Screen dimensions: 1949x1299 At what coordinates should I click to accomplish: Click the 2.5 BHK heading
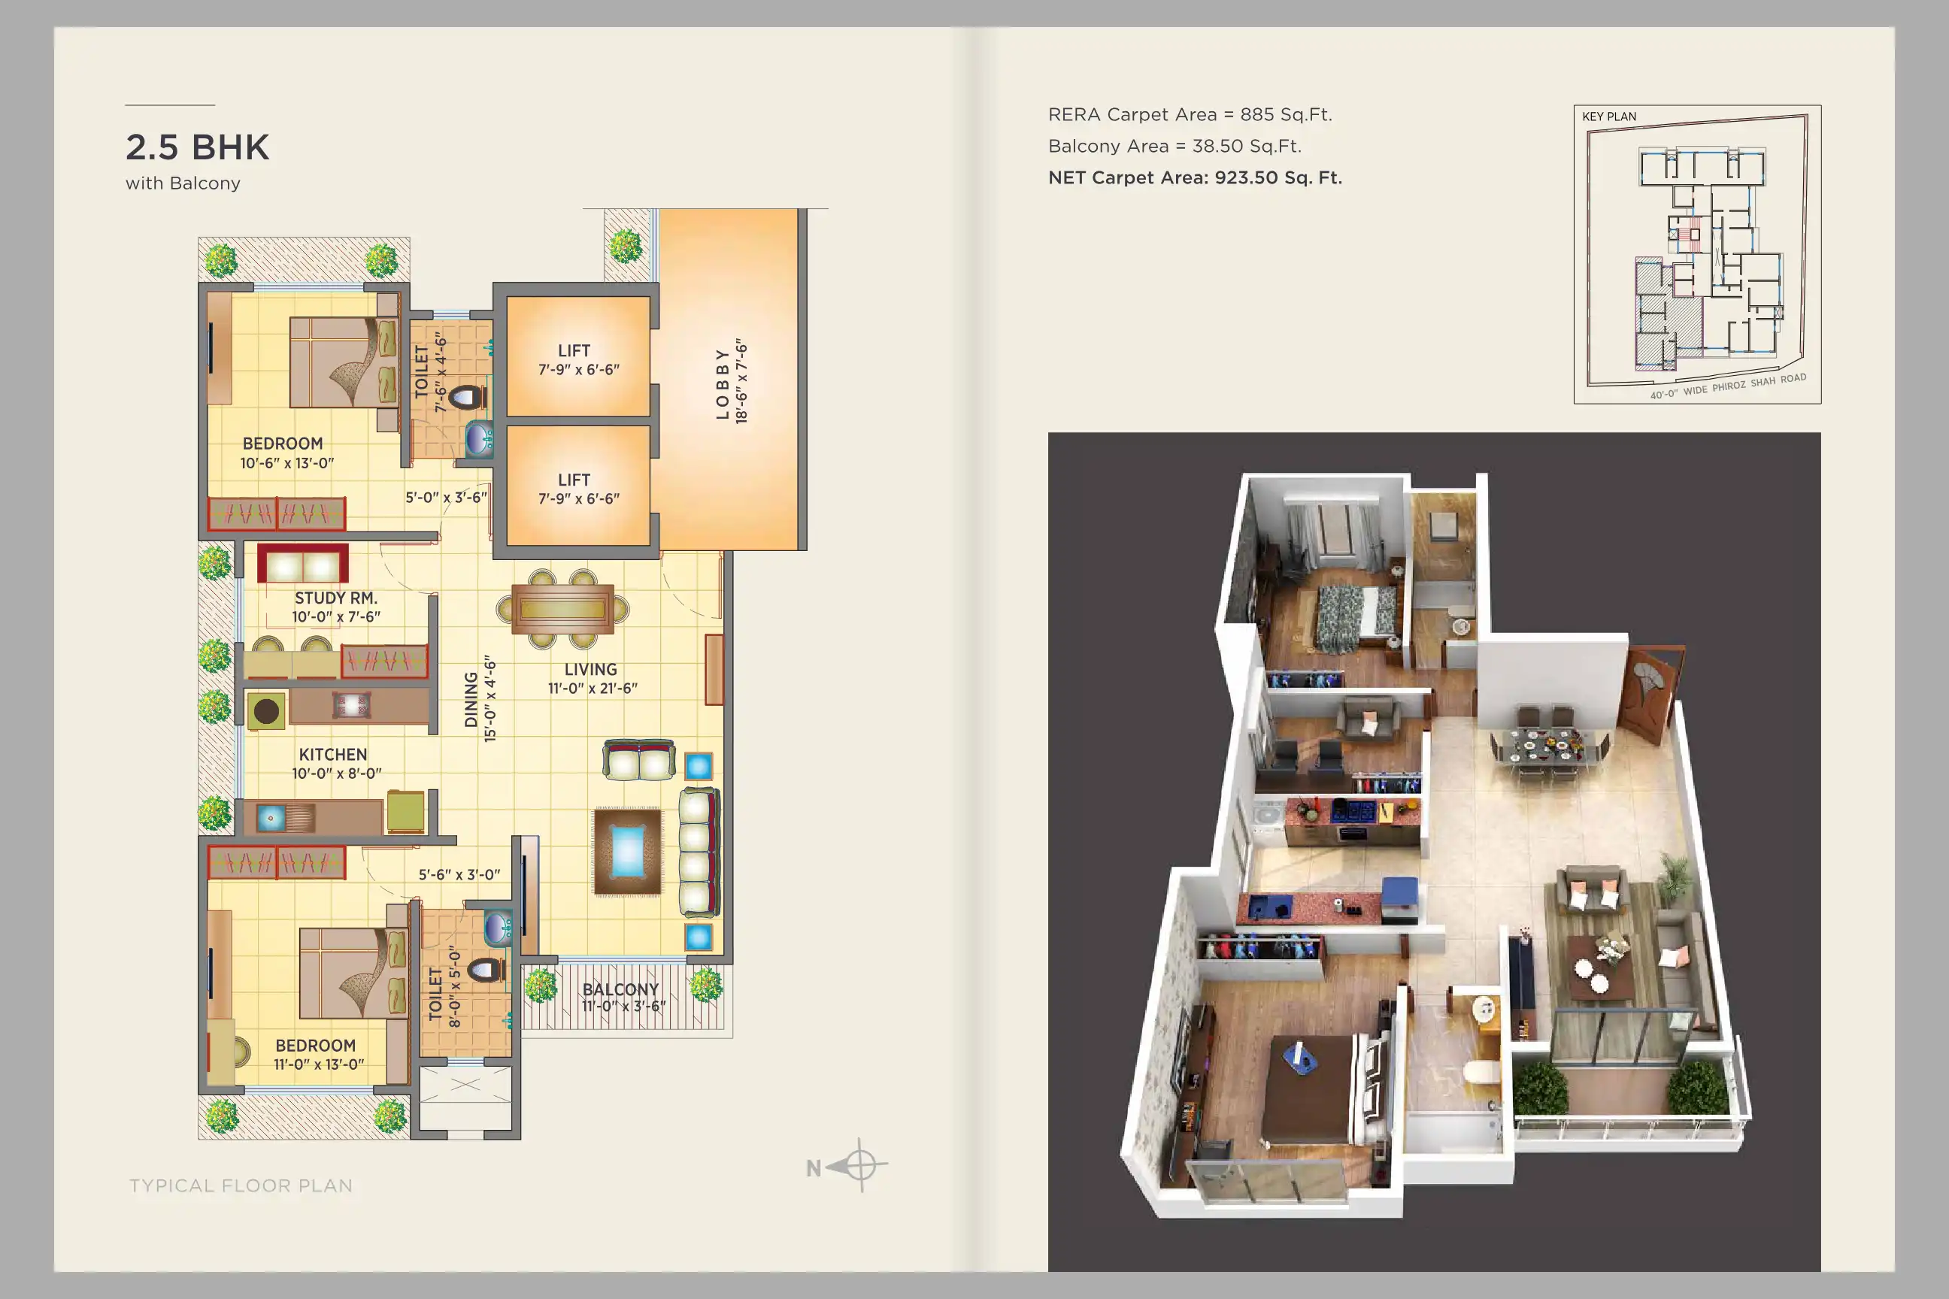tap(197, 147)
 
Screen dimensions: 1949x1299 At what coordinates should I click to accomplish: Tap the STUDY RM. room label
tap(335, 598)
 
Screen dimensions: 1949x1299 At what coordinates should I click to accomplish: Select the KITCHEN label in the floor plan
tap(333, 755)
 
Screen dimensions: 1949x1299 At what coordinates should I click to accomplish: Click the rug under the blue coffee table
tap(627, 852)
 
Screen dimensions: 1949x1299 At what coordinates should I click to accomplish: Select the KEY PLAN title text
tap(1609, 117)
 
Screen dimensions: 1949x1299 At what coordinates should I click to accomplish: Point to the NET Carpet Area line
tap(1195, 177)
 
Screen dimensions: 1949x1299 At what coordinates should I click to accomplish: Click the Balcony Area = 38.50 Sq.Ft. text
tap(1175, 146)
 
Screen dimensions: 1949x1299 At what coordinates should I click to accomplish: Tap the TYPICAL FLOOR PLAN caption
tap(241, 1185)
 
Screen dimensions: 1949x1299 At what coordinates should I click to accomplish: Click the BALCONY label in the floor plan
tap(620, 989)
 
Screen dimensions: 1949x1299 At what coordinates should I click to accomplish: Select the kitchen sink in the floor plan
tap(270, 819)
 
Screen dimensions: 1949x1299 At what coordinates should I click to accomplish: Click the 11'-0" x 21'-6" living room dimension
tap(593, 689)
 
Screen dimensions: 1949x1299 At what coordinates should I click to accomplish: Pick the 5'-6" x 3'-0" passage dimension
tap(459, 875)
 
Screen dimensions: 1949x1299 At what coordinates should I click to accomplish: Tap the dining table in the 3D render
tap(1546, 747)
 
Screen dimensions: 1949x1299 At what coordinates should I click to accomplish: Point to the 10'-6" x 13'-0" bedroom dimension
tap(286, 463)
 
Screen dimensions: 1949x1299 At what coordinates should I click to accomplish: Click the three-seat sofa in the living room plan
tap(698, 852)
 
